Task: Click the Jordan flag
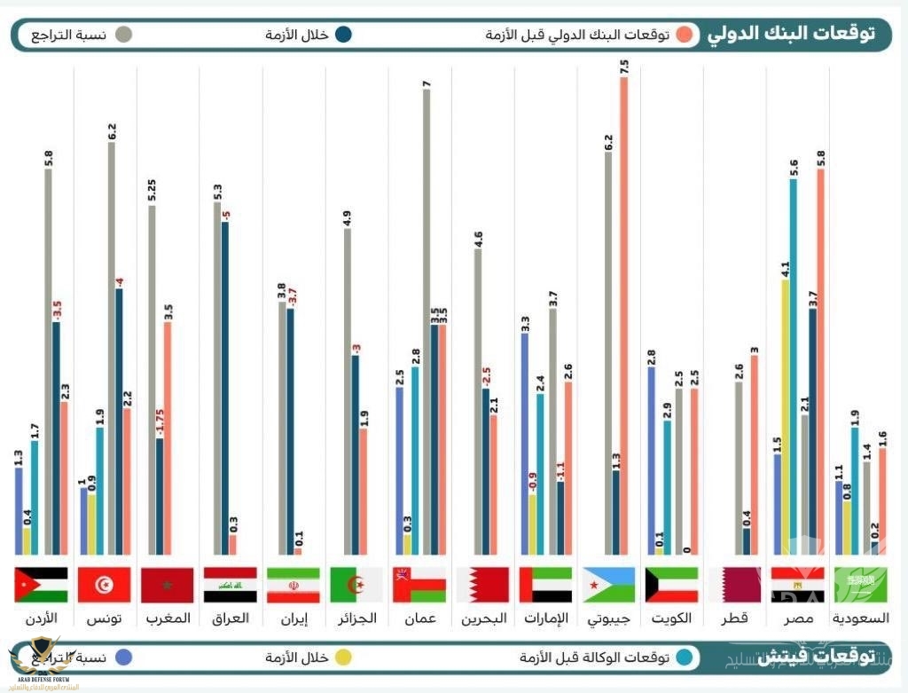[41, 585]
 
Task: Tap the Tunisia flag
[105, 585]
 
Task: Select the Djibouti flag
[608, 585]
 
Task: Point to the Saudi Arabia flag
[859, 585]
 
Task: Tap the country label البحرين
[482, 618]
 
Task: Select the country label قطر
[735, 618]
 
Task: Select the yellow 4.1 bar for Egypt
[786, 417]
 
